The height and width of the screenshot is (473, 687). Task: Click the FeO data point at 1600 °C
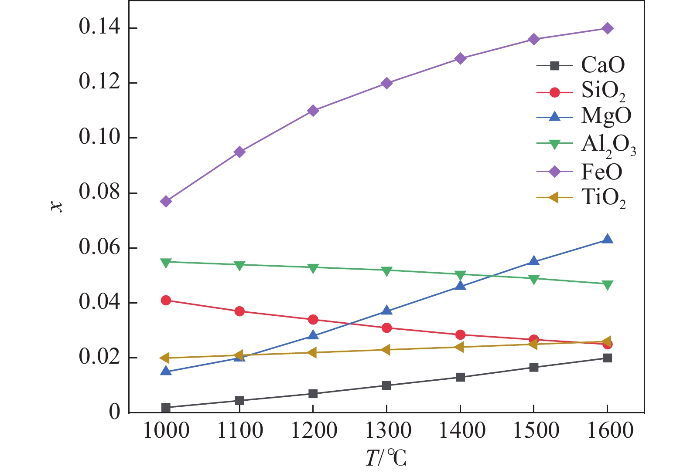pos(607,28)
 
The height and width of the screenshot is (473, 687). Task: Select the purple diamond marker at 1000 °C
pos(166,201)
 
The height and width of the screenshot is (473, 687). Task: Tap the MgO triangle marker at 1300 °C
pos(386,311)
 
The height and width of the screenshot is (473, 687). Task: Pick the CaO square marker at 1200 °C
pos(313,394)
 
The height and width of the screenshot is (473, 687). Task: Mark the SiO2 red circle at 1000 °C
pos(166,300)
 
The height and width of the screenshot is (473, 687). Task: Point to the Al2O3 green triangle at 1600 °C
pos(607,285)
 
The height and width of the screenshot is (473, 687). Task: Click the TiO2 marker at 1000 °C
pos(165,358)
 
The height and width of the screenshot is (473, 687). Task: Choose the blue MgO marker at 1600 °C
pos(607,239)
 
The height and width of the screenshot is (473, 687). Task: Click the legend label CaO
pos(603,65)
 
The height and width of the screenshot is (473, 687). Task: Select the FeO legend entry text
pos(602,172)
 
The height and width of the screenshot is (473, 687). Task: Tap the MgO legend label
pos(606,116)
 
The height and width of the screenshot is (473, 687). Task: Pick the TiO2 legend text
pos(603,198)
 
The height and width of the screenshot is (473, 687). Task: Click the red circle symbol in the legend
pos(554,92)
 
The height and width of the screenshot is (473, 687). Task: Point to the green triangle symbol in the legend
pos(554,144)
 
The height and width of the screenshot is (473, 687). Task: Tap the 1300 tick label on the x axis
pos(387,431)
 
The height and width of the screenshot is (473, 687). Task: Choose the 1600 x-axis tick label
pos(609,431)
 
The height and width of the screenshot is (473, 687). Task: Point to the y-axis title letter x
pos(57,206)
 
